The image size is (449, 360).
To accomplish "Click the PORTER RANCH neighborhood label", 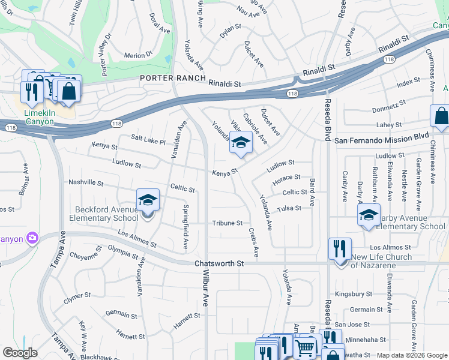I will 173,79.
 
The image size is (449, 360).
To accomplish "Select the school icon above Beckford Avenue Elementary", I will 148,200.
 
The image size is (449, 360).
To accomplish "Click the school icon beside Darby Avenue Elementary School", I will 369,215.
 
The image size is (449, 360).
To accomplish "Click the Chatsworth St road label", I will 220,263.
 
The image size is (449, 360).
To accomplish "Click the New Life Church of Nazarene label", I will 381,261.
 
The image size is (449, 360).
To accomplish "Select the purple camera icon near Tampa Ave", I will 32,238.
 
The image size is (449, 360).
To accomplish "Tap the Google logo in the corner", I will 20,353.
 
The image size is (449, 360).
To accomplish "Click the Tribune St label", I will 227,223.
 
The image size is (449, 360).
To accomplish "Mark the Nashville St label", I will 86,182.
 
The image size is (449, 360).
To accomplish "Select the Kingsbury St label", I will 355,294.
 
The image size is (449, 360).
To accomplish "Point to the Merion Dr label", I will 134,55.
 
